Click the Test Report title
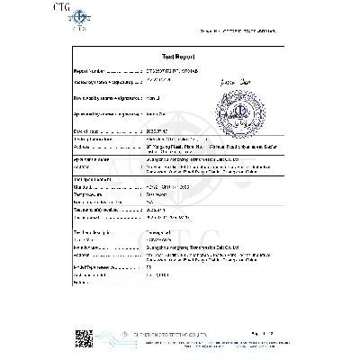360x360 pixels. pyautogui.click(x=178, y=55)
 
